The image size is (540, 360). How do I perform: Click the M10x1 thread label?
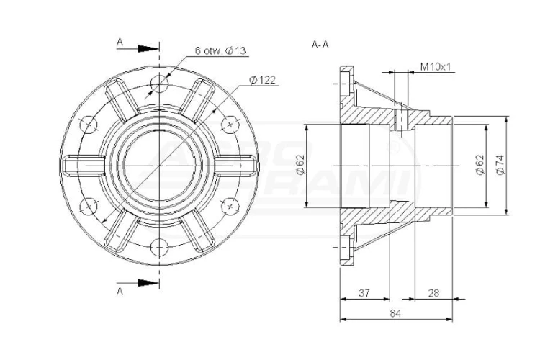coord(436,66)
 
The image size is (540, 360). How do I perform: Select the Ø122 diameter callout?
coord(262,80)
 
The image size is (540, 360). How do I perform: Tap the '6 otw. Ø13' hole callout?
coord(220,50)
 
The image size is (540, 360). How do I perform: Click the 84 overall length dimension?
coord(395,313)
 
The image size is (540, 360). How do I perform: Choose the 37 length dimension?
coord(364,293)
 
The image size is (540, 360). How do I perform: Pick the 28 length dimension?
coord(433,293)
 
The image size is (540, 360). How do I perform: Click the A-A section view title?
coord(320,45)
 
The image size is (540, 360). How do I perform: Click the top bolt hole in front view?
coord(159,84)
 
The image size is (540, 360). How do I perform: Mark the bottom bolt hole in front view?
coord(159,248)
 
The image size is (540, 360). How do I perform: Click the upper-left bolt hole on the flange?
coord(88,125)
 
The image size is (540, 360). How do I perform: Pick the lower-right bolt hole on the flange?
coord(230,207)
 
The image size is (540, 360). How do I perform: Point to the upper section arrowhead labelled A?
coord(148,48)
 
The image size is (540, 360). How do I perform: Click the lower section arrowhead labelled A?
coord(148,283)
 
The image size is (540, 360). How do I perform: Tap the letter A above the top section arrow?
coord(120,42)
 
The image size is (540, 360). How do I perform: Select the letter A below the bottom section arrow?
coord(120,292)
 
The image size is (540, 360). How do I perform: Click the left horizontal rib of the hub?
coord(84,166)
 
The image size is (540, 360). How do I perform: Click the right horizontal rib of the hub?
coord(236,166)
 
